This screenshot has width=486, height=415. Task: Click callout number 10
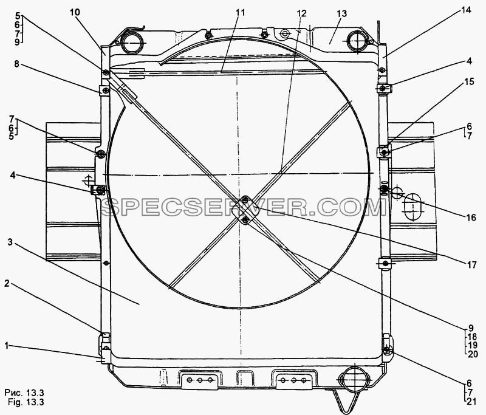tap(75, 12)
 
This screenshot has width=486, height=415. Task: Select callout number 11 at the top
tap(240, 13)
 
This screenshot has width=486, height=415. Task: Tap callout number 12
tap(301, 13)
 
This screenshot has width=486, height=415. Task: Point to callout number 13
tap(342, 14)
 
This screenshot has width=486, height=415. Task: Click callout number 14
tap(466, 10)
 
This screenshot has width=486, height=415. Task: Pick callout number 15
tap(469, 81)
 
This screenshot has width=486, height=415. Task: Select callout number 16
tap(471, 218)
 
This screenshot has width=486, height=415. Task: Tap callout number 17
tap(471, 265)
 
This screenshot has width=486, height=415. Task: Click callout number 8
tap(16, 64)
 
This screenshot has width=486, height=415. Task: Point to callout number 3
tap(10, 242)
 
